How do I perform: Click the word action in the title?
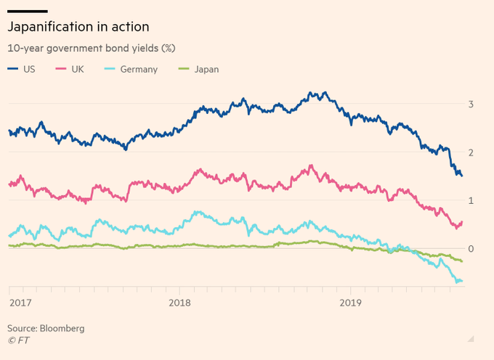[x=131, y=27]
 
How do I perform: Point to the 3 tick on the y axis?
[x=471, y=105]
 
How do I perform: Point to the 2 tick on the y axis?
[x=471, y=152]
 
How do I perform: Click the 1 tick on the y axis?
[x=471, y=200]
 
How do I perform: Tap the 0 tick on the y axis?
[x=471, y=248]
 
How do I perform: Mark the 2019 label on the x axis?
[x=351, y=302]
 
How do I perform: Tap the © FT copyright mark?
[x=18, y=340]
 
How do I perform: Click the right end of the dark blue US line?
[x=461, y=175]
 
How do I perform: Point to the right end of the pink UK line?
[x=462, y=222]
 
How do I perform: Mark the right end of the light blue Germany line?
[x=461, y=281]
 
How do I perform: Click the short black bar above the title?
[x=28, y=11]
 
